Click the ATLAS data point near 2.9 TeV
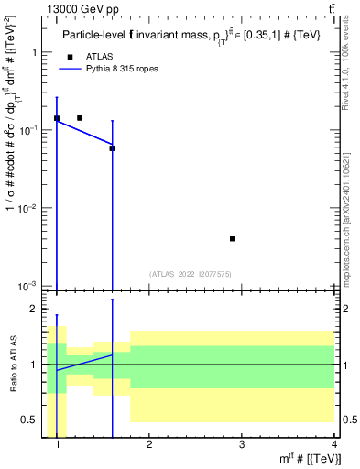click(x=233, y=239)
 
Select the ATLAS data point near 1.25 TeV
click(x=80, y=118)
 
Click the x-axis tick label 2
click(x=149, y=444)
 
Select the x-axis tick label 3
click(x=241, y=444)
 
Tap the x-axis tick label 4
click(x=333, y=444)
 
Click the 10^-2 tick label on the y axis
click(x=27, y=209)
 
